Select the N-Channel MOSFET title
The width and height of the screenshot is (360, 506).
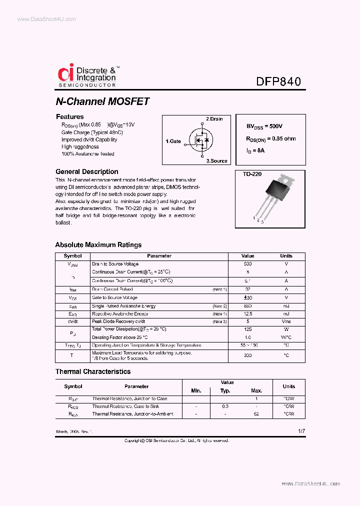[x=102, y=101]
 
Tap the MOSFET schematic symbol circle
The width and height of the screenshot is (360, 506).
[x=201, y=141]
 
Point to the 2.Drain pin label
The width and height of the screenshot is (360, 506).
[x=214, y=119]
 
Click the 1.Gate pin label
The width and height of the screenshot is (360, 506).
[x=173, y=141]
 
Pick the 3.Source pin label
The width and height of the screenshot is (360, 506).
[x=216, y=161]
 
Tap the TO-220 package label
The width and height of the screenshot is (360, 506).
[x=252, y=174]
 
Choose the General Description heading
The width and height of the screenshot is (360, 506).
[x=86, y=171]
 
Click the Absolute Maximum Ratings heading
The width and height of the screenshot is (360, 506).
[x=98, y=245]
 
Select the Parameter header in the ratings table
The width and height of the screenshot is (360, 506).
[x=159, y=256]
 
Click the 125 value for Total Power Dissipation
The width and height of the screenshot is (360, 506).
[x=247, y=329]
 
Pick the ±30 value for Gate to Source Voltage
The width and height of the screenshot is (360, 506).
[x=247, y=297]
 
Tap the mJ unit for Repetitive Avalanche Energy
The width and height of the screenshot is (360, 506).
[x=286, y=314]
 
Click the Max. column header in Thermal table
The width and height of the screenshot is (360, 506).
[x=256, y=390]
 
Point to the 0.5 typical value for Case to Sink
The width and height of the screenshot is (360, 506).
[x=225, y=406]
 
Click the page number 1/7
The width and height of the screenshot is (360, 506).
[x=300, y=430]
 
